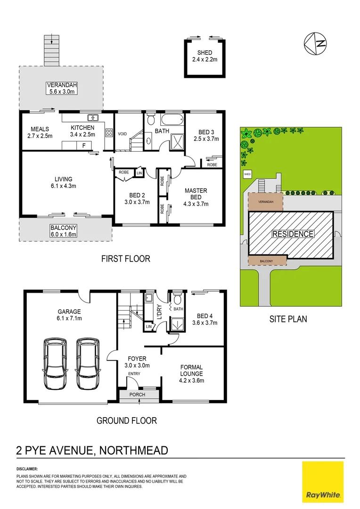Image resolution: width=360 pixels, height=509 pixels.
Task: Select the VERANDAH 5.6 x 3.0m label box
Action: (61, 88)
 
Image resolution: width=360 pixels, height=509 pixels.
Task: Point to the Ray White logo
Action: (323, 482)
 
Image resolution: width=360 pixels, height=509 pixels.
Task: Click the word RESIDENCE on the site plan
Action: (292, 234)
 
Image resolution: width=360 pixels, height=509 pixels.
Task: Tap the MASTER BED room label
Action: (196, 197)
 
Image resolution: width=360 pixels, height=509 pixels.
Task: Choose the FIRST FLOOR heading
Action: (126, 259)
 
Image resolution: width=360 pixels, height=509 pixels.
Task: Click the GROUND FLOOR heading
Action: (126, 420)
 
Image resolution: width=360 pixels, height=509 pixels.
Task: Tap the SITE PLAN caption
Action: (288, 319)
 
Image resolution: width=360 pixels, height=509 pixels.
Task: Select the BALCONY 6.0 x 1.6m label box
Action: (63, 230)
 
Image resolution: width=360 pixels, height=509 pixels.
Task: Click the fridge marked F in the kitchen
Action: (84, 146)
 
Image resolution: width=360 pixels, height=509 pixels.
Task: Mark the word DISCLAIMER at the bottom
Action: (27, 469)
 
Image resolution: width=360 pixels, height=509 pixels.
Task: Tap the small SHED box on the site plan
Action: (247, 174)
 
